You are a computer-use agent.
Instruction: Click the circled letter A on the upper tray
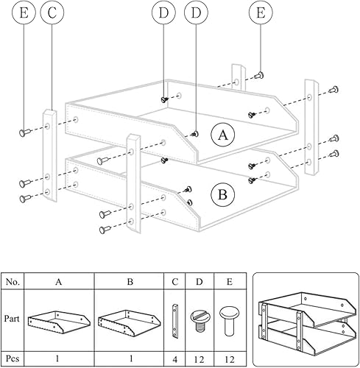pos(223,135)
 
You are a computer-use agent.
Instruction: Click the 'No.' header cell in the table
pos(13,280)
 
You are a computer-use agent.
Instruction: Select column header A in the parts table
pos(59,280)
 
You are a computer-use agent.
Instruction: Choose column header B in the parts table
pos(129,280)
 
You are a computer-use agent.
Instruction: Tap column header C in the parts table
pos(174,280)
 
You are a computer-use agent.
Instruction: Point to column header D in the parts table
pos(198,280)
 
